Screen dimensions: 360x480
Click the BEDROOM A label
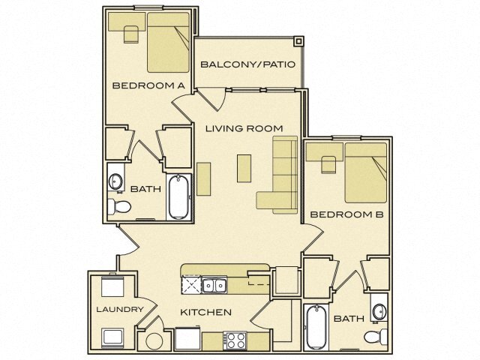[148, 85]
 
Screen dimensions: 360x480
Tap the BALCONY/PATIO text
[247, 64]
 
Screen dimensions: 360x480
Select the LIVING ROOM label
[238, 128]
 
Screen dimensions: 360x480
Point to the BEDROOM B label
[346, 214]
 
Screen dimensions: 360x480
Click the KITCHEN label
[205, 312]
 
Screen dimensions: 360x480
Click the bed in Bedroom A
[167, 43]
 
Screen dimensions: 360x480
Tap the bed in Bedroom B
[365, 173]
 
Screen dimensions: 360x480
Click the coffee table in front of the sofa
[244, 167]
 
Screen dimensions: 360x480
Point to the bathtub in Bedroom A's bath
[179, 197]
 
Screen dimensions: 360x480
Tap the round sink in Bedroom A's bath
[116, 181]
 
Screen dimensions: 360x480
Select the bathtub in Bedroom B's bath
[316, 327]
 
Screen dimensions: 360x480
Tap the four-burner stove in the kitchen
[236, 340]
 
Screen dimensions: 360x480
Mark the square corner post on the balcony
[298, 41]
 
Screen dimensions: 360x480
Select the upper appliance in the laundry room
[112, 287]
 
